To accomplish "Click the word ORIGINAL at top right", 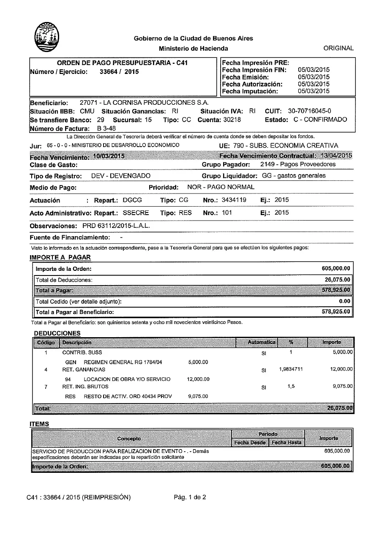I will tap(338, 48).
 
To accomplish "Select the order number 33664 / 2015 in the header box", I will tap(119, 72).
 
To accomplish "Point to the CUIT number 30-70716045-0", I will tap(309, 111).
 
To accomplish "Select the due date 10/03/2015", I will tap(109, 156).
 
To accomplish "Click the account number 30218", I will tap(232, 120).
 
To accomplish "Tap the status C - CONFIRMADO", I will tap(320, 120).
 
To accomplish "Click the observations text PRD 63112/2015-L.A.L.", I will tap(116, 226).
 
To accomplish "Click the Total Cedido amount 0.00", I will tap(345, 301).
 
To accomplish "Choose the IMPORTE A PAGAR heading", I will tap(60, 257).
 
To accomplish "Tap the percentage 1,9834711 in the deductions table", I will tap(291, 369).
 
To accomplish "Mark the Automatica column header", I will tap(261, 342).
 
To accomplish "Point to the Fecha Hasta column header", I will tap(286, 442).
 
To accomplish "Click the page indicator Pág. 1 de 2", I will tap(190, 497).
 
